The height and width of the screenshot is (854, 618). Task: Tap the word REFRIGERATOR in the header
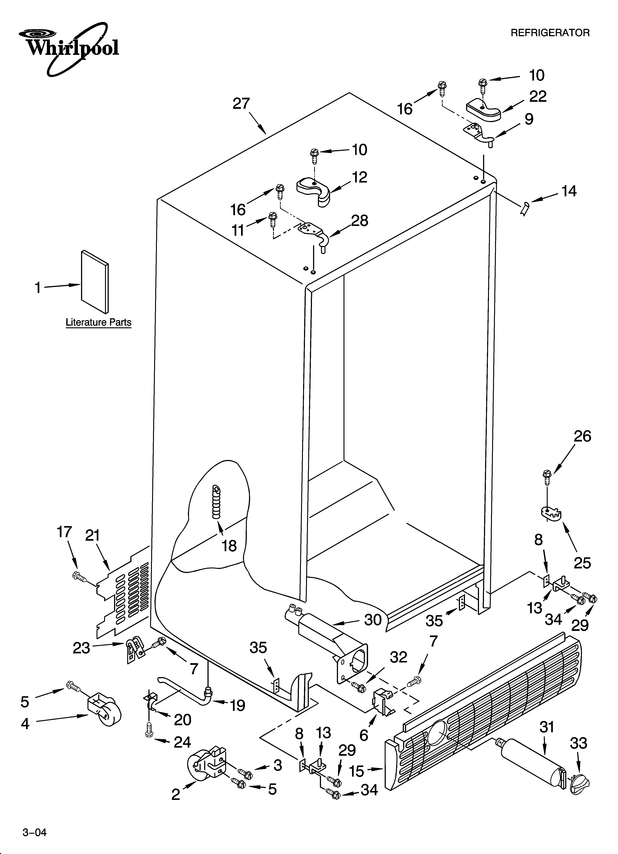click(x=550, y=33)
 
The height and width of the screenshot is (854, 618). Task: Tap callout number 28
click(x=359, y=221)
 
